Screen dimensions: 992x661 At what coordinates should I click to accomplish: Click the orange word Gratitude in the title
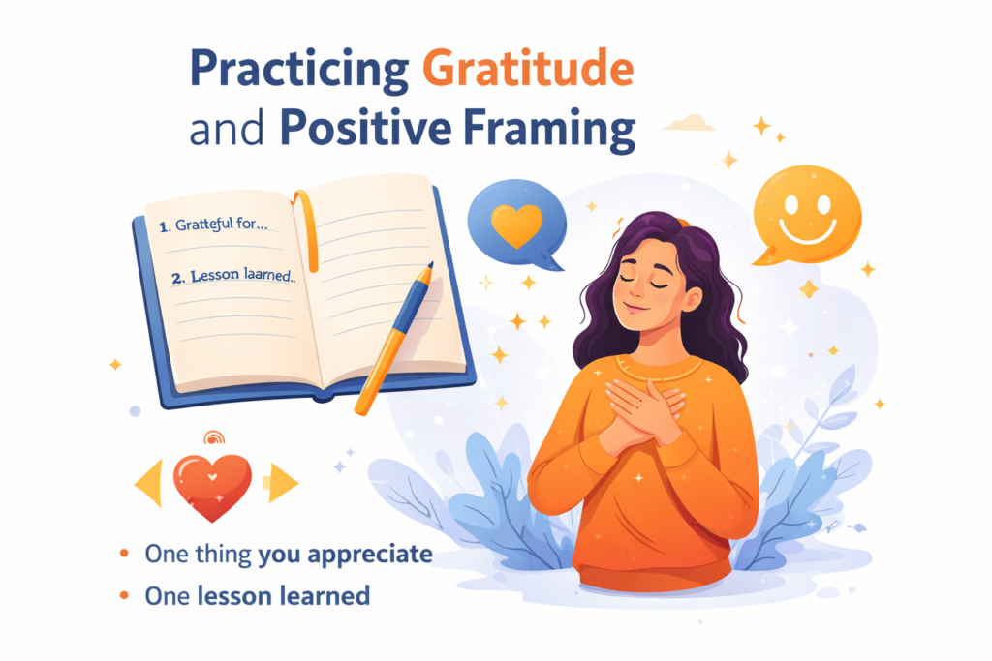tap(528, 69)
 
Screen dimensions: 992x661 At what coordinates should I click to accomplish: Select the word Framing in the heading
tap(549, 131)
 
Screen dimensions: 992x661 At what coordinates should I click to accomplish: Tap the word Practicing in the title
tap(299, 71)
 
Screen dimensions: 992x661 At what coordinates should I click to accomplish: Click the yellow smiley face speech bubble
tap(807, 214)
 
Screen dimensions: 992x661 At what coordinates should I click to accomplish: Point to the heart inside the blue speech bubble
tap(517, 225)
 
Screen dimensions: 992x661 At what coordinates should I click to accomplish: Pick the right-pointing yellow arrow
tap(283, 483)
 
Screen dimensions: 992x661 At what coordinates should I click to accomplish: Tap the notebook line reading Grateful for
tap(213, 225)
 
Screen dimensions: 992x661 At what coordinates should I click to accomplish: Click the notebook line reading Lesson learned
tap(233, 276)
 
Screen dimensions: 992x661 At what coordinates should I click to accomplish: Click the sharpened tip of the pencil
tap(431, 265)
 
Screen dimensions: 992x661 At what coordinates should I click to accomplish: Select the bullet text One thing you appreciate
tap(289, 555)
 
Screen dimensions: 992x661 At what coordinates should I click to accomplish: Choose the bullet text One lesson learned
tap(258, 596)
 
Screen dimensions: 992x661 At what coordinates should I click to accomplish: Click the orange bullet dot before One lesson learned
tap(124, 595)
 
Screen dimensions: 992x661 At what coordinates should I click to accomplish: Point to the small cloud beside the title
tap(690, 123)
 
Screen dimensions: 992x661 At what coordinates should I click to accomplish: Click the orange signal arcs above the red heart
tap(214, 436)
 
